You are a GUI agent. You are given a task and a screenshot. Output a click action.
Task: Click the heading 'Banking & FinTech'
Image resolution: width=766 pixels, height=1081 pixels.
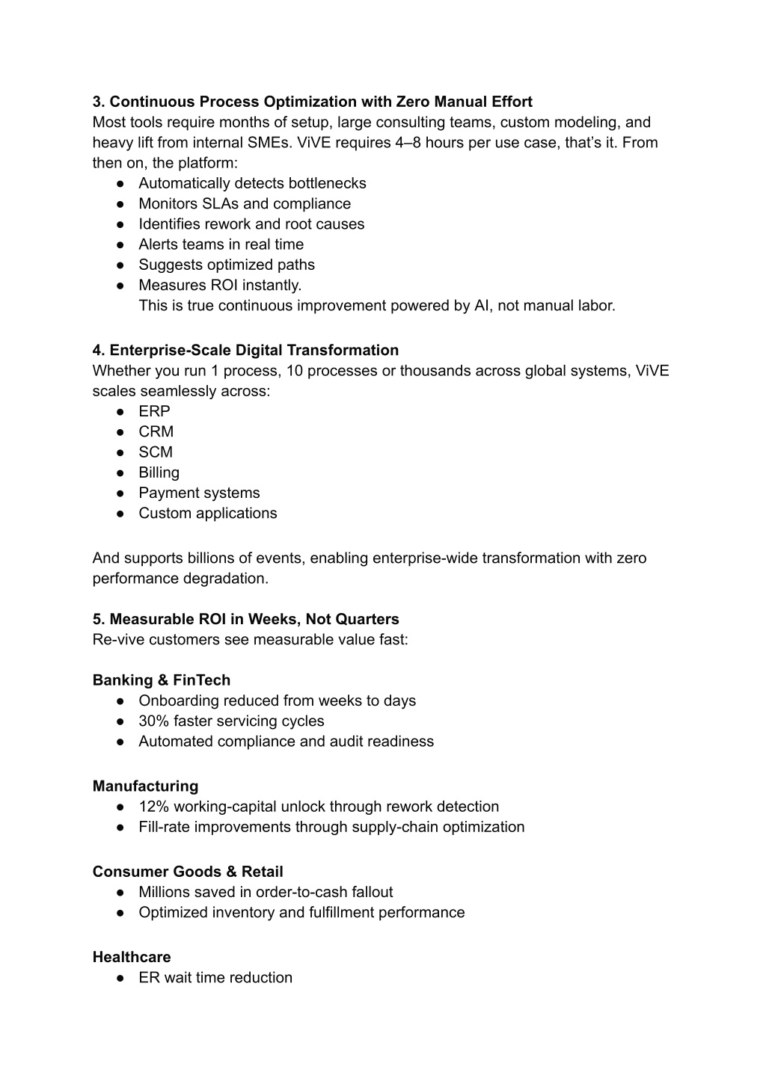click(161, 680)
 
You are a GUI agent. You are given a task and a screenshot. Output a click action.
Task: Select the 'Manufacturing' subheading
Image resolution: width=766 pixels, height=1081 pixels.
click(145, 786)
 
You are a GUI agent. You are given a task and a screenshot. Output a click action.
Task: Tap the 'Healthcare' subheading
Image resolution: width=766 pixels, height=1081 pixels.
click(132, 958)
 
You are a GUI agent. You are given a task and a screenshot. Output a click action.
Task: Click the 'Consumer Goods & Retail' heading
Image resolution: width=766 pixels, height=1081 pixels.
click(188, 872)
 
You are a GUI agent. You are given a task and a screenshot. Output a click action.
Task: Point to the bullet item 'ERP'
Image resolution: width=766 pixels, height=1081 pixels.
click(154, 411)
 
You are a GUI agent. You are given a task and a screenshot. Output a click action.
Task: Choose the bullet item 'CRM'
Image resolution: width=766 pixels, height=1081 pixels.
click(156, 432)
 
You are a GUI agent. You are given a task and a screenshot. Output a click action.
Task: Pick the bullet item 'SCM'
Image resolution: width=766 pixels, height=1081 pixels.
click(155, 452)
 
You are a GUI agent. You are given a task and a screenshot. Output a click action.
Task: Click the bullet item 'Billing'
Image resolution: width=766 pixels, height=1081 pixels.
click(159, 472)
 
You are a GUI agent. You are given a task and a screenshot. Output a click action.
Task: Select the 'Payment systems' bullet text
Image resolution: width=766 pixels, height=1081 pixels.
click(199, 493)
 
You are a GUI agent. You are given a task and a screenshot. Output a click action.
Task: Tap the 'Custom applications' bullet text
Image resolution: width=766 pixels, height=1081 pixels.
click(207, 514)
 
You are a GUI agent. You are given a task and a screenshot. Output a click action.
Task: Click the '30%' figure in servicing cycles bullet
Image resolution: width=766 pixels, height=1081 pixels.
click(153, 721)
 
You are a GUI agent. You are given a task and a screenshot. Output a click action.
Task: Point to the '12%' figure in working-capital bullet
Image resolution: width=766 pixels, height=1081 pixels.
click(153, 807)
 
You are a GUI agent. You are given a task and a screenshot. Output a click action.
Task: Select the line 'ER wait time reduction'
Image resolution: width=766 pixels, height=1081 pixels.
click(215, 978)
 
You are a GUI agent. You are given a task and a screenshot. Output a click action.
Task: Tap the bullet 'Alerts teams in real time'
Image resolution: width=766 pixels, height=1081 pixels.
click(221, 244)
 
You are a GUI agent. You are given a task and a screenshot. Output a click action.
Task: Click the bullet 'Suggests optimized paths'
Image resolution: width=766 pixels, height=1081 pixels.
click(226, 265)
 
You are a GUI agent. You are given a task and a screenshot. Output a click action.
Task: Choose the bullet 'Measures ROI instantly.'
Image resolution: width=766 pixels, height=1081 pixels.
click(220, 286)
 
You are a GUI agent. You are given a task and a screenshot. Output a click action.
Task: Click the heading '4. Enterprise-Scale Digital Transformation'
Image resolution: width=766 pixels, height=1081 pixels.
click(245, 351)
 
